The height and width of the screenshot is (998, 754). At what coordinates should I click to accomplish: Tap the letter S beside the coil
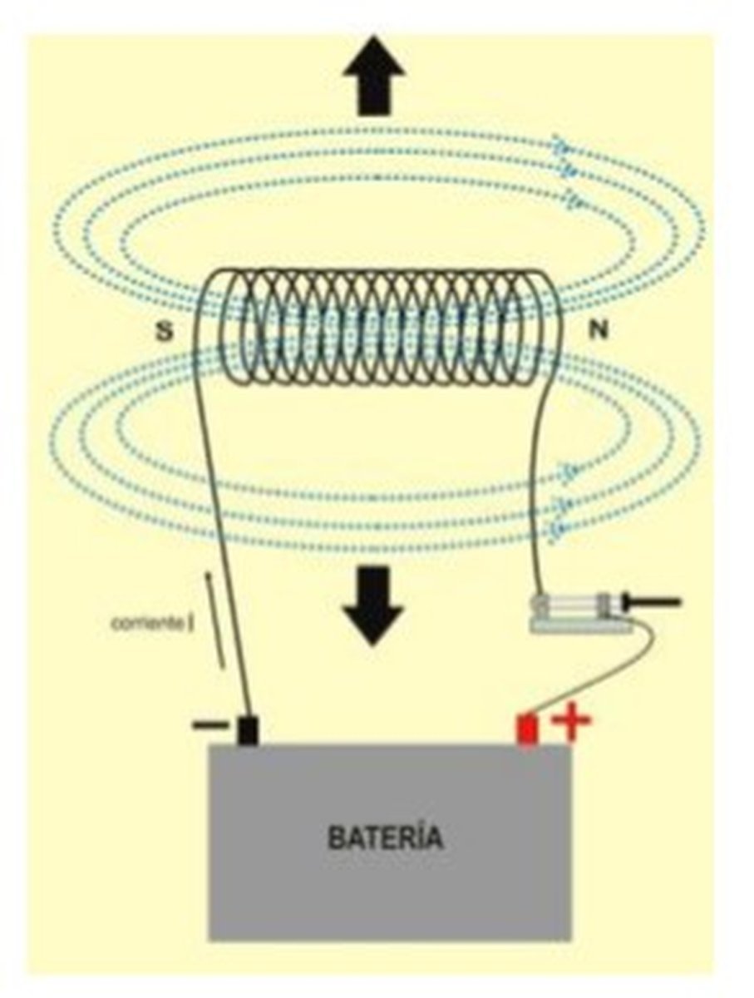pos(165,332)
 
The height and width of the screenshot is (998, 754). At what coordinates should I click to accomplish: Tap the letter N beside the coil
pos(598,330)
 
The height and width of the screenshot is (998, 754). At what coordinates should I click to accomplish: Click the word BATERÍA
pos(385,838)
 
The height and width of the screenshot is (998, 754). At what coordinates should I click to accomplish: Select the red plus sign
pos(571,719)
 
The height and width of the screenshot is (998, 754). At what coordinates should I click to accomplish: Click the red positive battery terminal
pos(527,730)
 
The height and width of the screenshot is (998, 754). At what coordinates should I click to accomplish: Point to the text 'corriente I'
pos(153,624)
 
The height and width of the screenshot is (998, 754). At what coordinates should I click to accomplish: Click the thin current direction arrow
pos(215,620)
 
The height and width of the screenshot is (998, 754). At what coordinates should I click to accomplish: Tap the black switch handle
pos(654,602)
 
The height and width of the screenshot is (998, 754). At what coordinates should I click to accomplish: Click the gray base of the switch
pos(581,627)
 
